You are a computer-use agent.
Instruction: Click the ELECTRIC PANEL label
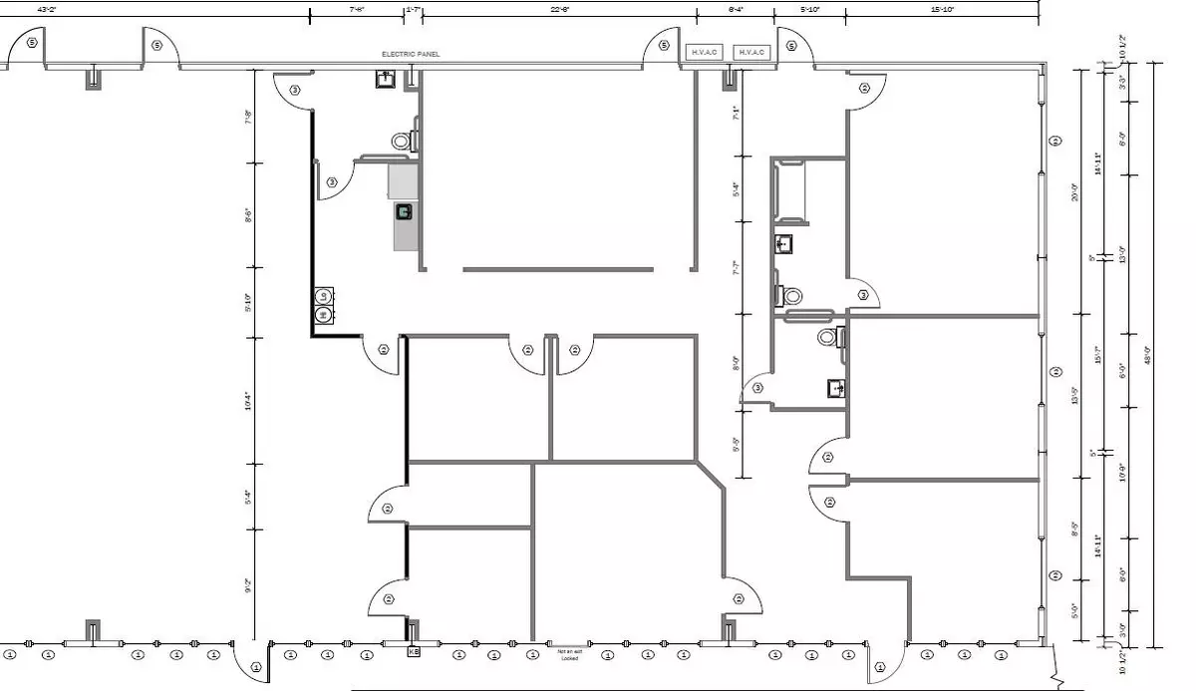click(x=410, y=54)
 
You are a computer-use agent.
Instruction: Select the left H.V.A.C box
click(x=703, y=52)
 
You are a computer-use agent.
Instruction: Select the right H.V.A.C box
click(x=751, y=52)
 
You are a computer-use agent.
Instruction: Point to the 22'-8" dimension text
click(x=560, y=9)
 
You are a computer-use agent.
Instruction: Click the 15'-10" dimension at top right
click(x=942, y=9)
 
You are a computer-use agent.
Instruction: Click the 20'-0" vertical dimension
click(x=1075, y=190)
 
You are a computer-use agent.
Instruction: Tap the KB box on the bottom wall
click(x=414, y=652)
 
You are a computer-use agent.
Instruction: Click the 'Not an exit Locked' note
click(x=568, y=654)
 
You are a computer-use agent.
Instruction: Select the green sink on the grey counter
click(x=404, y=211)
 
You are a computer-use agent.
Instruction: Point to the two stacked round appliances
click(x=323, y=306)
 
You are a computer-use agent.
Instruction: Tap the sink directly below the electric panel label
click(x=385, y=79)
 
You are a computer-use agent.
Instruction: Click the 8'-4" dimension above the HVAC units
click(x=736, y=9)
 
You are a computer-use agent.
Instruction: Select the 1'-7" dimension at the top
click(x=414, y=9)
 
